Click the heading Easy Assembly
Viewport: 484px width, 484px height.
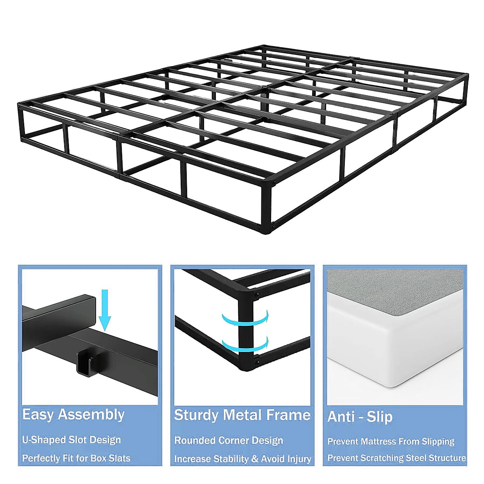73,415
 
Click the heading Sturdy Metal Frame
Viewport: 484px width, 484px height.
242,415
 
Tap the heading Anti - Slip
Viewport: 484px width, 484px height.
360,417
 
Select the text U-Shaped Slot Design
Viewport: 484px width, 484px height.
71,440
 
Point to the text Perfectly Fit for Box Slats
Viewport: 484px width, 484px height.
76,458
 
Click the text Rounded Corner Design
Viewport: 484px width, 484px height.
228,440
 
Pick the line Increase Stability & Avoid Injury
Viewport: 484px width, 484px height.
242,459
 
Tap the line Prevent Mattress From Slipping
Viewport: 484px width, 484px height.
391,441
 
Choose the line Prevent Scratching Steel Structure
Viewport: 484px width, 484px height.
396,458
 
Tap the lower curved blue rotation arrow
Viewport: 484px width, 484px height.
245,344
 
